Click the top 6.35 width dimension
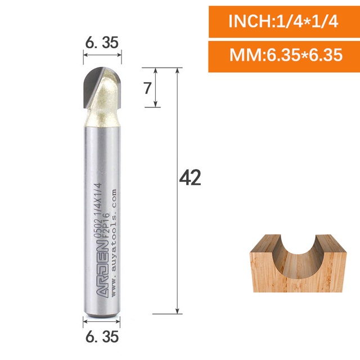pos(102,43)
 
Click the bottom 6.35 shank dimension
pos(102,336)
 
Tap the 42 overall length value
pos(190,178)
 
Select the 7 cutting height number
pos(147,88)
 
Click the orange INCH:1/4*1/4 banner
pos(284,21)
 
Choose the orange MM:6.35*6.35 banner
pos(284,56)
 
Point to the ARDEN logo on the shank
pos(102,269)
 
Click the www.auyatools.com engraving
pos(114,243)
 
